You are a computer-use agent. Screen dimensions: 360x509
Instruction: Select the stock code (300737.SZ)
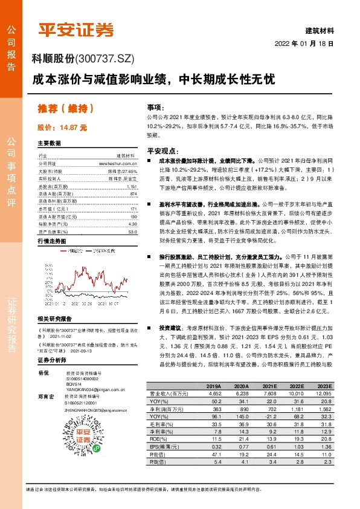[x=106, y=59]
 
